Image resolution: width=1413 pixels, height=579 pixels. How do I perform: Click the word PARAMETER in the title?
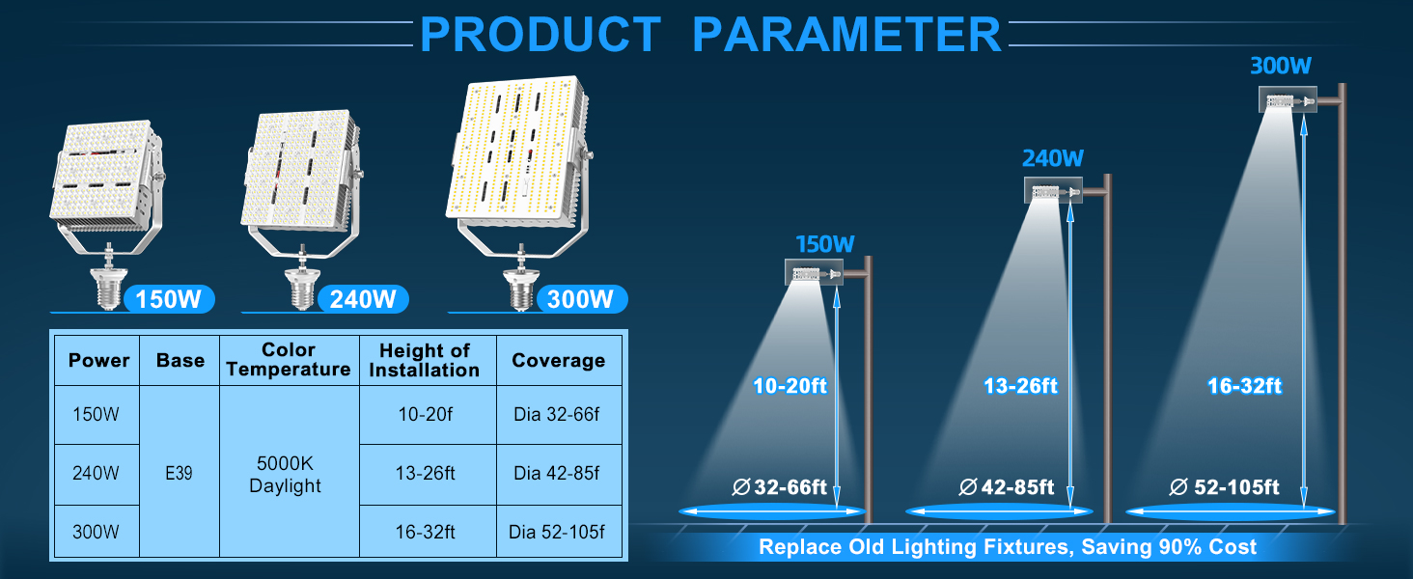tap(847, 35)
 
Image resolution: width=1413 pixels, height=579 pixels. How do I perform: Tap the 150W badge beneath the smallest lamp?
tap(168, 299)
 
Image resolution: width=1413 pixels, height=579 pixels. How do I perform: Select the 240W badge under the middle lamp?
tap(363, 299)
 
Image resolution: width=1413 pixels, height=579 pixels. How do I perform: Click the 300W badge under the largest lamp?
tap(580, 299)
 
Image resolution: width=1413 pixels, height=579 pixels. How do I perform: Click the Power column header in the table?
tap(98, 361)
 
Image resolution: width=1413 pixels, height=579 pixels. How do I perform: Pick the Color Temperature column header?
tap(289, 360)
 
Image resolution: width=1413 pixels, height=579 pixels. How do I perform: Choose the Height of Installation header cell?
tap(425, 360)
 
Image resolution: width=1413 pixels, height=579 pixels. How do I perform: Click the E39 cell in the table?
tap(180, 473)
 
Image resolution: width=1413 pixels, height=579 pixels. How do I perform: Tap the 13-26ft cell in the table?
tap(425, 474)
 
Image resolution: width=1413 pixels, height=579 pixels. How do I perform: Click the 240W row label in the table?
tap(97, 474)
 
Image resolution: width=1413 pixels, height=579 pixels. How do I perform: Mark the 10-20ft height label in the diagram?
tap(790, 387)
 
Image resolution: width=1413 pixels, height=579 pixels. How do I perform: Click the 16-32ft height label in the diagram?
tap(1244, 387)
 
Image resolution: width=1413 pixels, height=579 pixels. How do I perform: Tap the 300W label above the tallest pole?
tap(1280, 67)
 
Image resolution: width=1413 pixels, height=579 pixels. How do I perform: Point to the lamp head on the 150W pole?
tap(815, 274)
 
